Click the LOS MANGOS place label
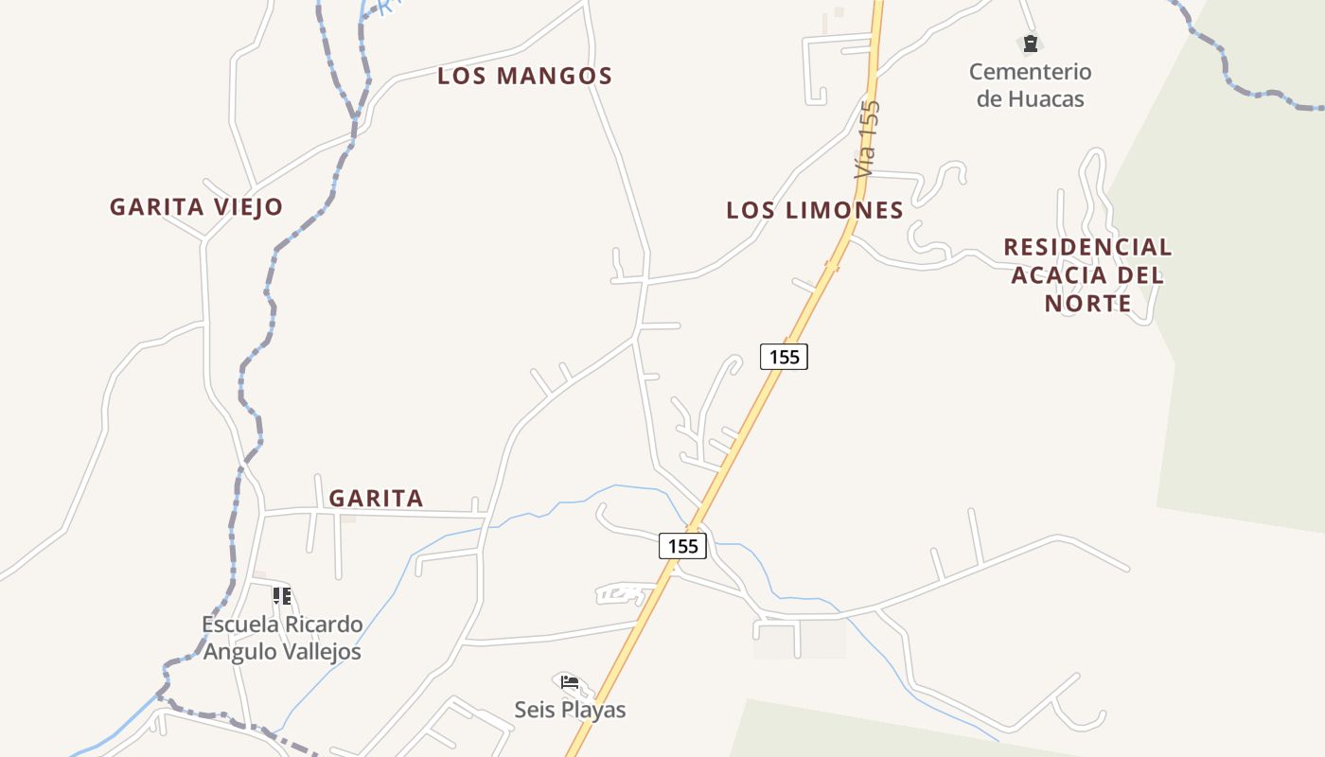[524, 76]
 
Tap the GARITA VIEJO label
[196, 206]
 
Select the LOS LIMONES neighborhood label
[815, 210]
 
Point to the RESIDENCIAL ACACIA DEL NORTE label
[1087, 274]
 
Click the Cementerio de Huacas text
[1030, 85]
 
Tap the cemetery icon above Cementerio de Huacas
[1030, 43]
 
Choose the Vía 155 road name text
[867, 139]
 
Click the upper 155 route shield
[784, 357]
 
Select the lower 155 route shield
[682, 546]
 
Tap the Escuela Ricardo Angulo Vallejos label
[282, 638]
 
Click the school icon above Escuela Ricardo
[281, 595]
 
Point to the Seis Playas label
[570, 710]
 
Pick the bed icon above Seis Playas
[570, 681]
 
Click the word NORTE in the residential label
[1087, 303]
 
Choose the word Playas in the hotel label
[593, 710]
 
